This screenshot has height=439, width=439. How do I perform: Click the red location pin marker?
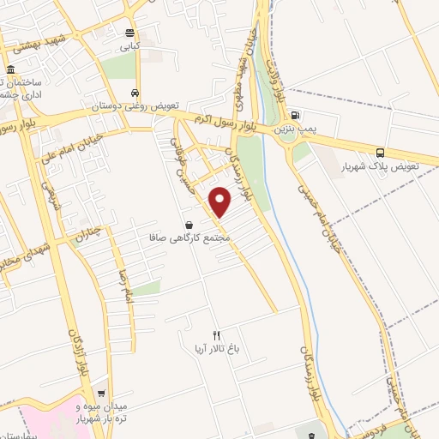coord(221,202)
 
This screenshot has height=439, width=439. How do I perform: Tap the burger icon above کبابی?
coord(129,33)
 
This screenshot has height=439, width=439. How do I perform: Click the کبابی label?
coord(129,48)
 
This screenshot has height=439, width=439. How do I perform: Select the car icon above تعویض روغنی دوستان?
coord(135,93)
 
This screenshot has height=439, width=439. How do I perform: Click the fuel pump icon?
coord(296,115)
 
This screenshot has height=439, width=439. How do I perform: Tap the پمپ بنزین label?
coord(296,129)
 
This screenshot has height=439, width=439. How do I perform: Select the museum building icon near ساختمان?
coord(9,69)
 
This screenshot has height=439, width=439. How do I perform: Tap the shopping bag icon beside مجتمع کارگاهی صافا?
coord(188,225)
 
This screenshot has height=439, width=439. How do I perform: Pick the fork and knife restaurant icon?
coord(216,335)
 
